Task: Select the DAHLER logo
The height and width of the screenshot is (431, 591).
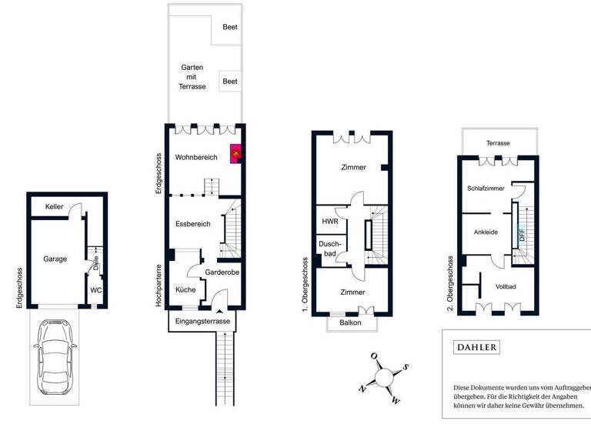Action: [478, 348]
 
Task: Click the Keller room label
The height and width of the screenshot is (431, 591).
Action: [54, 207]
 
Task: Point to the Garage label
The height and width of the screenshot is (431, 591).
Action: [55, 259]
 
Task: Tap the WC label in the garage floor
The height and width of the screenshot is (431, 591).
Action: [96, 290]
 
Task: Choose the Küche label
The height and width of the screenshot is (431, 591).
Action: [185, 289]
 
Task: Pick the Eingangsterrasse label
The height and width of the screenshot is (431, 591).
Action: [202, 321]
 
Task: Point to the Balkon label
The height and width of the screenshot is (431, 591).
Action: [351, 322]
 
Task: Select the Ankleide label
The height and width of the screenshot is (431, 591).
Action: [486, 232]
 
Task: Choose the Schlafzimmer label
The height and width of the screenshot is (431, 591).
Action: [486, 188]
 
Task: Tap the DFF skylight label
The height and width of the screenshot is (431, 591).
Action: [522, 235]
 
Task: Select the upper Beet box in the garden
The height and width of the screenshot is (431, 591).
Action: [229, 27]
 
